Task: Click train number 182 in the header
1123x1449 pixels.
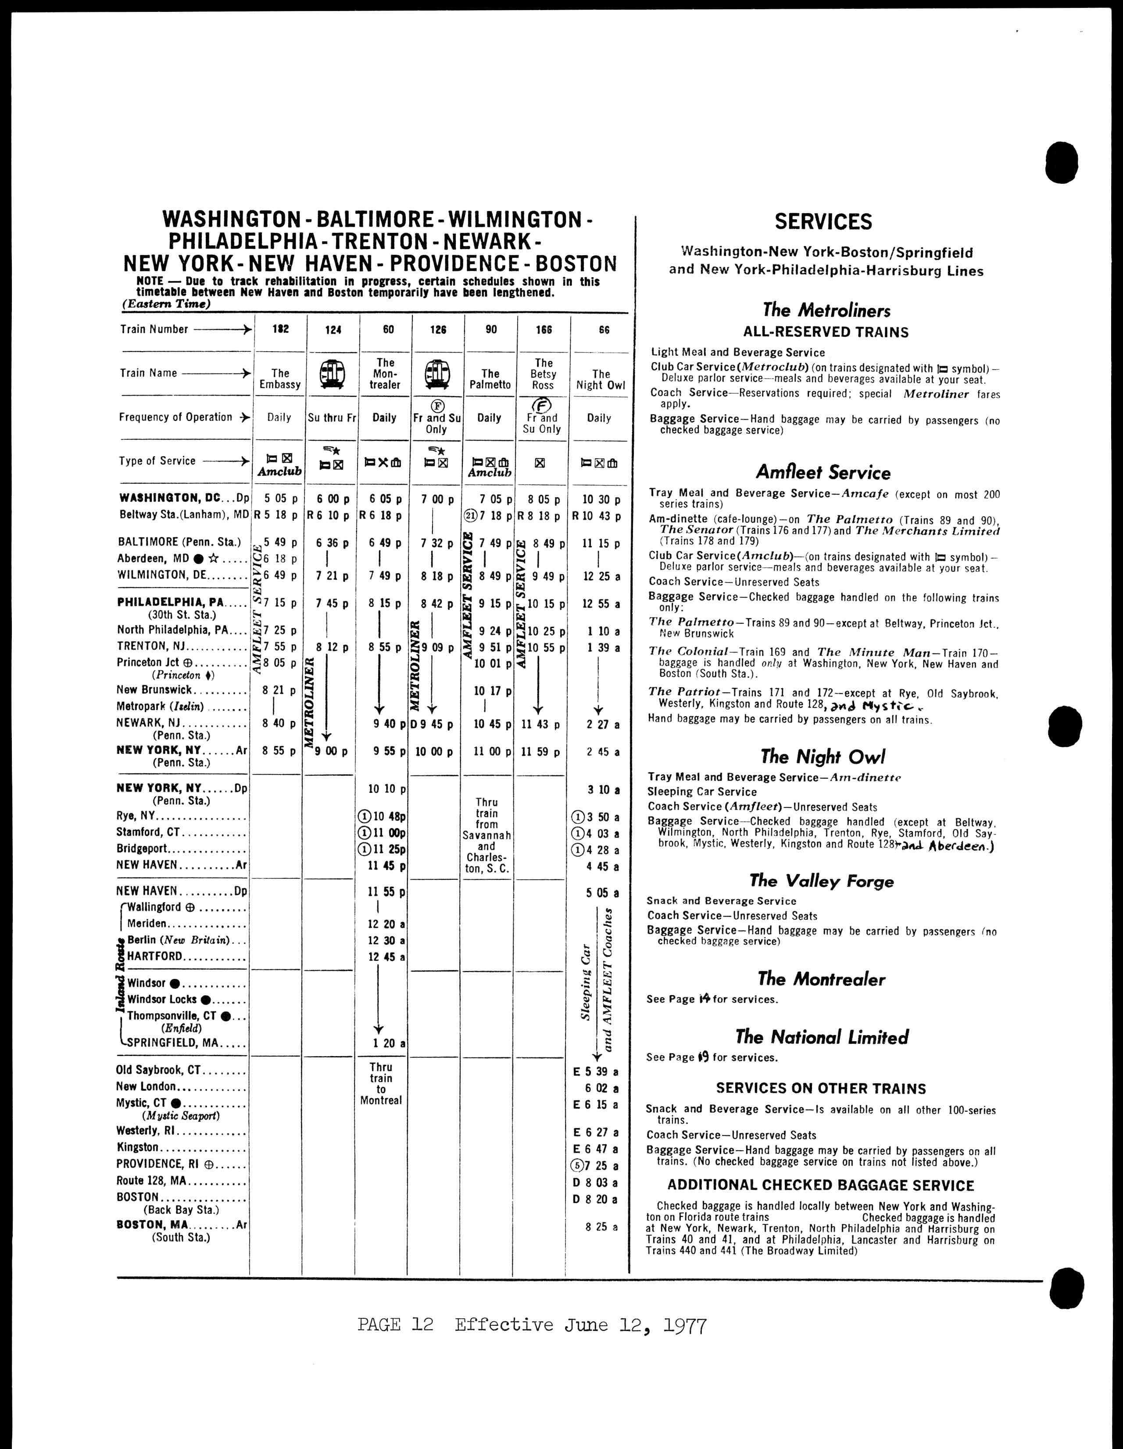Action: coord(281,329)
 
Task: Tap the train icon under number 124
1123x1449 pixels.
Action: coord(333,374)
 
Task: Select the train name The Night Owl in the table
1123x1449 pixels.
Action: coord(601,379)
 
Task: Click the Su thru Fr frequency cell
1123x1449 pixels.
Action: coord(333,418)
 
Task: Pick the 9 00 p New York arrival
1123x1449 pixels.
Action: coord(333,752)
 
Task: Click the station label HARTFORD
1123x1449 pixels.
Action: coord(155,956)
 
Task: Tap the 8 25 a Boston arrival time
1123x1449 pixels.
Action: coord(602,1227)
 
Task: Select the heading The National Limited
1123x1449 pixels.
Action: coord(822,1037)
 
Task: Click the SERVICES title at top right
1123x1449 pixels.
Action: coord(823,221)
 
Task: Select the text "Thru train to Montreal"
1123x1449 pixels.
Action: coord(381,1083)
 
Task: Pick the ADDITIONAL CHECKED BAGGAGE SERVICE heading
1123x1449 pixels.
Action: coord(820,1185)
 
